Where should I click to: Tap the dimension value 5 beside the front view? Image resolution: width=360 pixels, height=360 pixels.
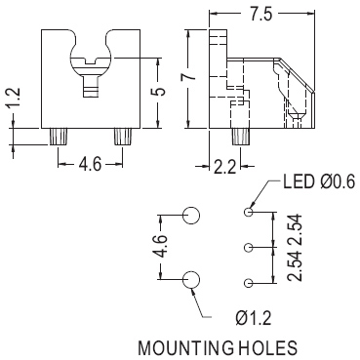[x=159, y=92]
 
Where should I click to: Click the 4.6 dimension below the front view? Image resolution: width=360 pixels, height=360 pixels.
[x=91, y=164]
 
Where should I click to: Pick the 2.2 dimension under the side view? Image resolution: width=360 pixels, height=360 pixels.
[x=224, y=168]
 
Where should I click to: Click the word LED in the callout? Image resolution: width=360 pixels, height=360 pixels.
[x=299, y=182]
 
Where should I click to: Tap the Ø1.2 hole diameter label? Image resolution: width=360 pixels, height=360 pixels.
[x=253, y=318]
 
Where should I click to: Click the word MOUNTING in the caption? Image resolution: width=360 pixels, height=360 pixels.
[x=186, y=348]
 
